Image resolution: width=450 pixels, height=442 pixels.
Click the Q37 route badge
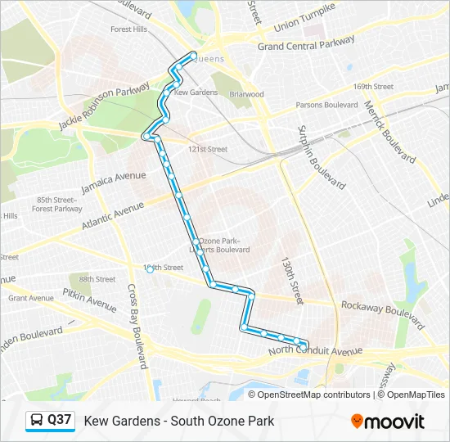(50, 421)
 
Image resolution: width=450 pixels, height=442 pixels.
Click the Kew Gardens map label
(196, 92)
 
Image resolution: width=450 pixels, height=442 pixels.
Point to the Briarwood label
(247, 94)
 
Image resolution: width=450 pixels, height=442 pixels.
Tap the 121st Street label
(207, 149)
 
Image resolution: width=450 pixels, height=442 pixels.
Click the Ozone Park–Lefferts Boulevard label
(223, 245)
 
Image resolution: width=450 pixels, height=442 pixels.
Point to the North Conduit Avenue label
(316, 351)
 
